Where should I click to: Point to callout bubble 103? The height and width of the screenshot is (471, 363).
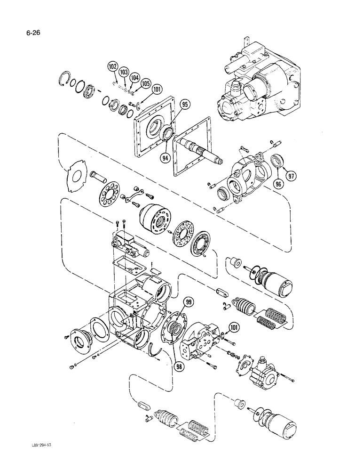tap(124, 72)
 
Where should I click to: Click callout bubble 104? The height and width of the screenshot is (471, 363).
tap(134, 78)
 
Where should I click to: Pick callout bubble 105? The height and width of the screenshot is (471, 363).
tap(145, 84)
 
